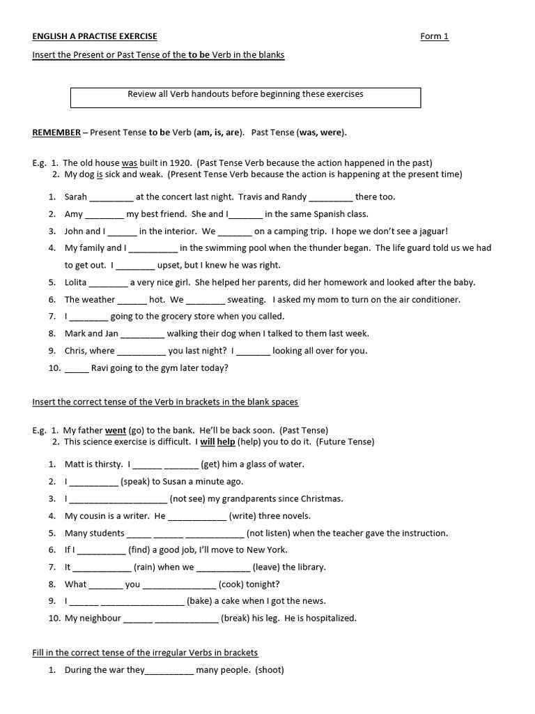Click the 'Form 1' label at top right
click(435, 36)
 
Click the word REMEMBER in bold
click(56, 132)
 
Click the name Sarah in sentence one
click(76, 197)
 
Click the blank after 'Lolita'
click(108, 282)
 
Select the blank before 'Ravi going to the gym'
click(77, 368)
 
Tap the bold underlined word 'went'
click(116, 431)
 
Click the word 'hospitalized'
click(329, 618)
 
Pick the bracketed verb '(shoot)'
click(270, 671)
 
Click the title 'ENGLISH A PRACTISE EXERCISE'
click(95, 36)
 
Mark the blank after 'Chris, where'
click(141, 351)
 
